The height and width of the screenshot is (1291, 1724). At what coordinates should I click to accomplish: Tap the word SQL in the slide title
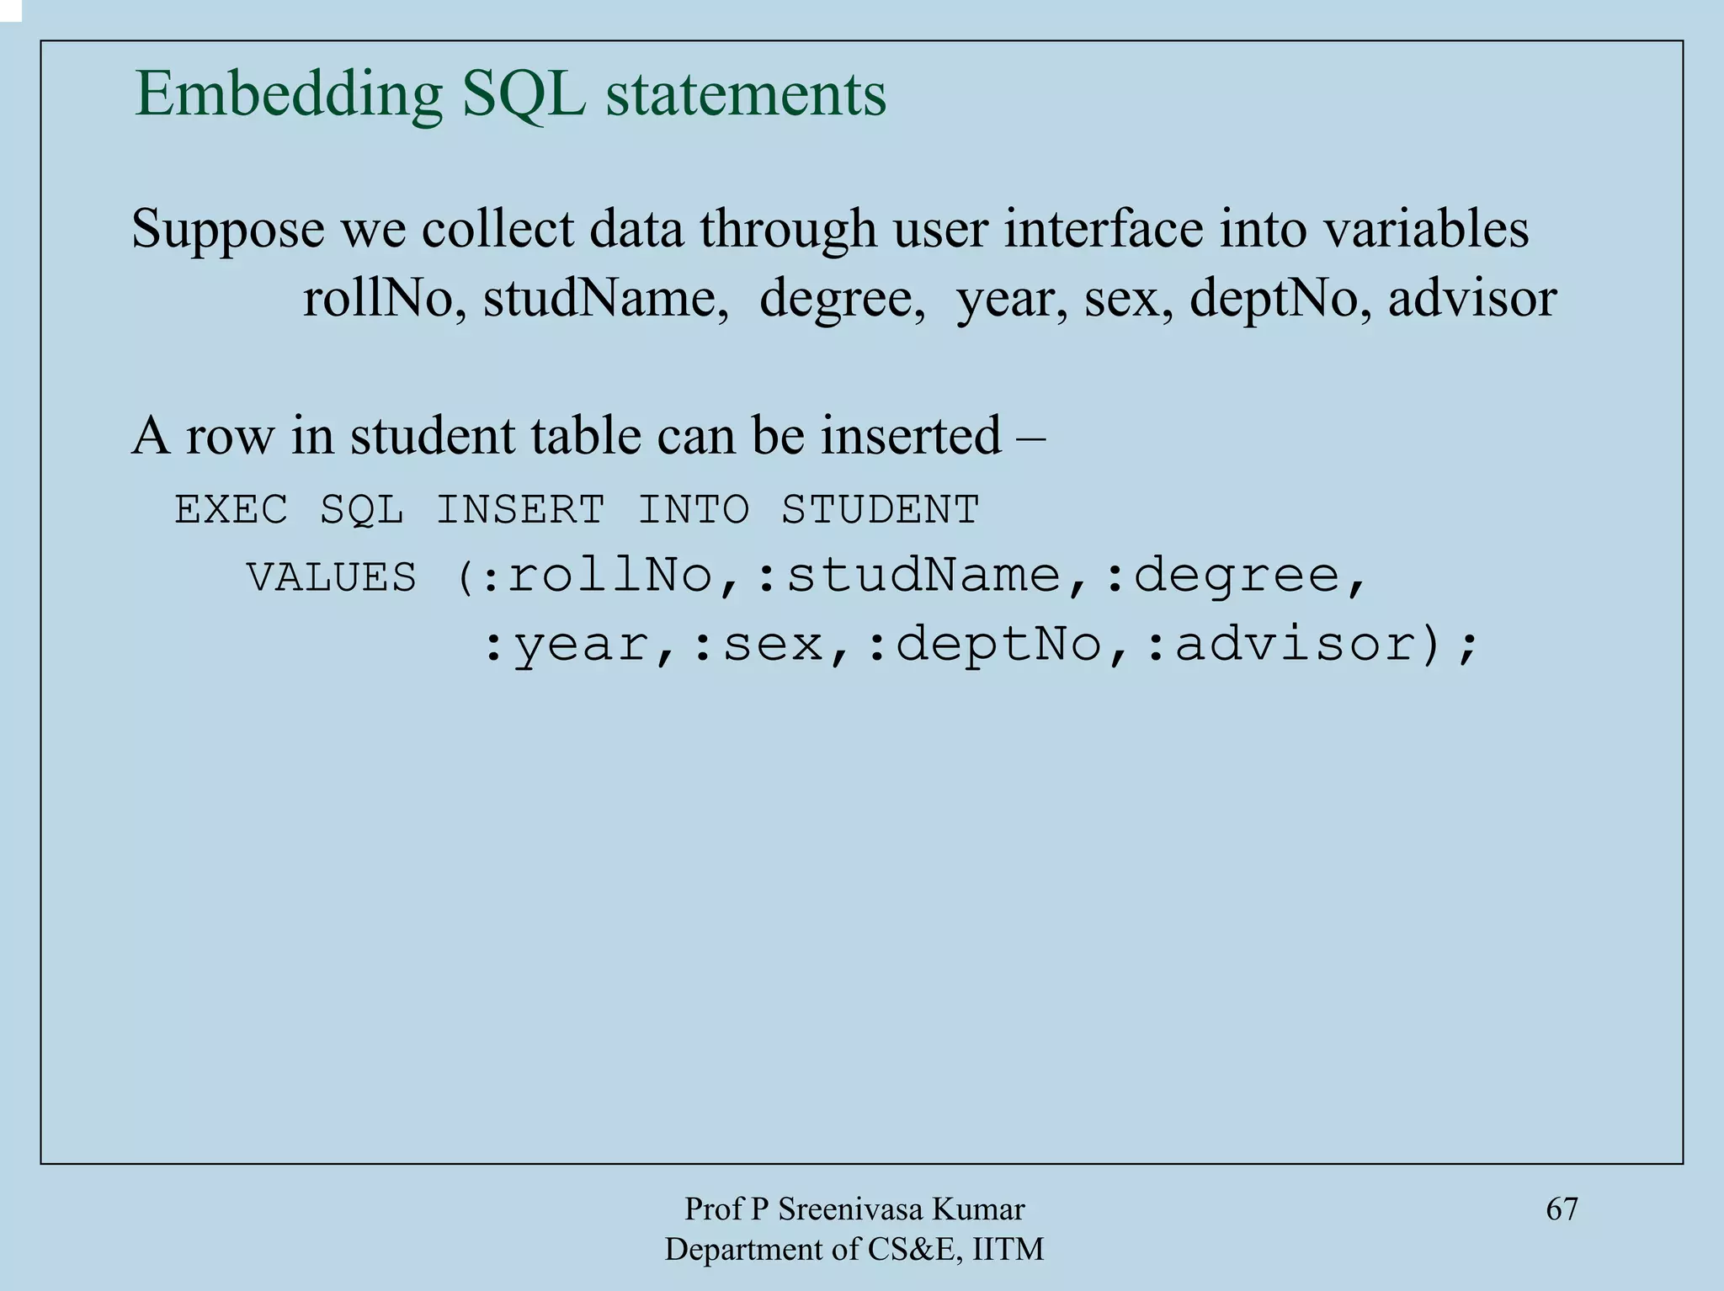pyautogui.click(x=524, y=94)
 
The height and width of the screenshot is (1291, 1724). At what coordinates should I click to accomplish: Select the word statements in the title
pyautogui.click(x=746, y=94)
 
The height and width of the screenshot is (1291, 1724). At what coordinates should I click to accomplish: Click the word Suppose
pyautogui.click(x=227, y=229)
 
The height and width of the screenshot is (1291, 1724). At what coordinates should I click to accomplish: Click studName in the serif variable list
pyautogui.click(x=605, y=299)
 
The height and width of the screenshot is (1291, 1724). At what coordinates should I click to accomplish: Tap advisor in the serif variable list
pyautogui.click(x=1472, y=299)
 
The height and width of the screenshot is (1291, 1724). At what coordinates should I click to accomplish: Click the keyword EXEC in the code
pyautogui.click(x=231, y=510)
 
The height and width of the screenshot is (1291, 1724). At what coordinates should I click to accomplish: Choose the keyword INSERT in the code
pyautogui.click(x=520, y=510)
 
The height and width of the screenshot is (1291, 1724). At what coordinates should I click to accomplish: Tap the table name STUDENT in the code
pyautogui.click(x=880, y=510)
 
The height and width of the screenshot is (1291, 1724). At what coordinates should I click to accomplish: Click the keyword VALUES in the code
pyautogui.click(x=332, y=578)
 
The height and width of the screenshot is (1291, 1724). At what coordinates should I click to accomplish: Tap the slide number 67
pyautogui.click(x=1562, y=1209)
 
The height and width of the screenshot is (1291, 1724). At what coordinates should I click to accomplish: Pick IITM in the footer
pyautogui.click(x=1008, y=1250)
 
